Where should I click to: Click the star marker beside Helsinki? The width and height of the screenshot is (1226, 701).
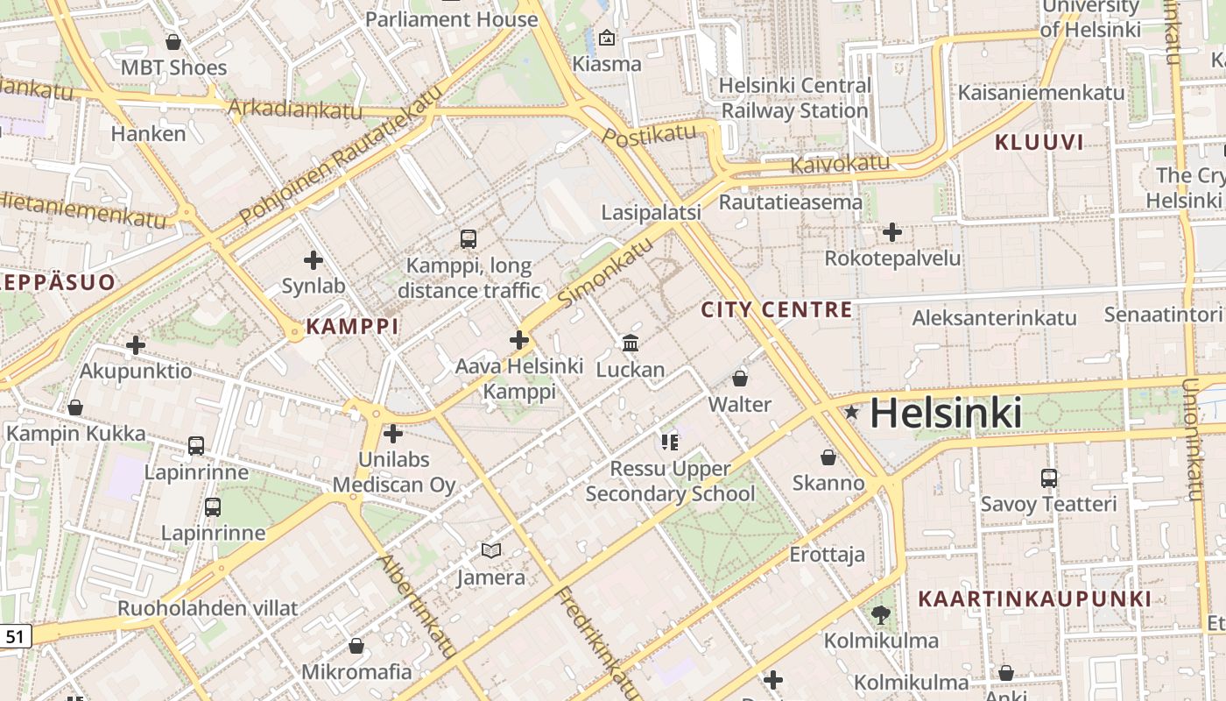coord(851,412)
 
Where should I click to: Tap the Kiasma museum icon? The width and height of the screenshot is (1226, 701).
coord(606,38)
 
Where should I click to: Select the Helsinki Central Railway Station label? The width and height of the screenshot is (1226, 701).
coord(794,98)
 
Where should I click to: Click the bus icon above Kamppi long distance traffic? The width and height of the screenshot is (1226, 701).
coord(469,238)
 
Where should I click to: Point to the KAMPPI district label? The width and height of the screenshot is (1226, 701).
coord(352,327)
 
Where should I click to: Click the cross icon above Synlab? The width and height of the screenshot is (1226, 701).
coord(314,260)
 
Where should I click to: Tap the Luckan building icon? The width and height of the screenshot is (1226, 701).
coord(631,343)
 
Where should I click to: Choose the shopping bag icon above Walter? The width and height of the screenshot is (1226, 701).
coord(740,379)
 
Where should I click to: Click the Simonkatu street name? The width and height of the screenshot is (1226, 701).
coord(606,273)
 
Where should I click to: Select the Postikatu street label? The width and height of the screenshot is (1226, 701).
coord(650,134)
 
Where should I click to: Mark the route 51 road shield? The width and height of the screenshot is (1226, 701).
coord(15,637)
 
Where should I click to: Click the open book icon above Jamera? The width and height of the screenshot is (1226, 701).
coord(491,550)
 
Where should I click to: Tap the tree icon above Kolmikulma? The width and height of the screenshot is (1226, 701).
coord(881,615)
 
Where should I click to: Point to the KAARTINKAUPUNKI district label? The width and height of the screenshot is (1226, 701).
coord(1034,599)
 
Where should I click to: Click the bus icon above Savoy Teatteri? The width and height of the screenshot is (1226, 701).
coord(1049,478)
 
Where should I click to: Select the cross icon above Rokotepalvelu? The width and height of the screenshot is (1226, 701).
coord(892,232)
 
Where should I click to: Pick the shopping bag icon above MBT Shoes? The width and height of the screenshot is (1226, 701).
coord(173,42)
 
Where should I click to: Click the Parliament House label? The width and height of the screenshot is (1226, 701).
coord(451,19)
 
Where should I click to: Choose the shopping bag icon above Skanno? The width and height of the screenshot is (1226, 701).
coord(828,457)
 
